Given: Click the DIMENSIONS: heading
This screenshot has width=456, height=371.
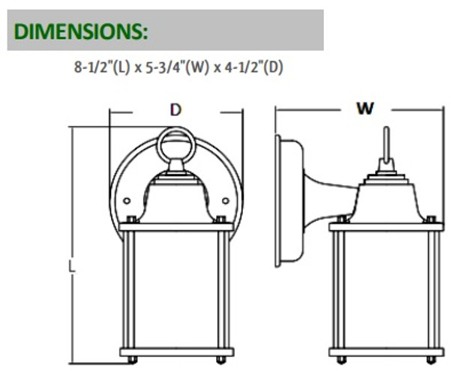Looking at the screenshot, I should click(x=81, y=31).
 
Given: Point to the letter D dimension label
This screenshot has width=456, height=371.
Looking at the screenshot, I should click(x=175, y=110).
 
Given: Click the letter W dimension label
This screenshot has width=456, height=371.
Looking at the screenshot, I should click(x=364, y=109).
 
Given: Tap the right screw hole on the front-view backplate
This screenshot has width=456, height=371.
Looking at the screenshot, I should click(x=225, y=200).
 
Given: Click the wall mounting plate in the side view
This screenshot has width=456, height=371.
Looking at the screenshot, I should click(x=286, y=200).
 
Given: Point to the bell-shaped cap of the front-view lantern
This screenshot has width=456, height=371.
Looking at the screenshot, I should click(x=175, y=196).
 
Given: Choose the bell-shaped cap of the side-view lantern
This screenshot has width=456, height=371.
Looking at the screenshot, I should click(x=386, y=199).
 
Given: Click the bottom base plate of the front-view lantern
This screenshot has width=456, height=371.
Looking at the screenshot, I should click(x=175, y=351).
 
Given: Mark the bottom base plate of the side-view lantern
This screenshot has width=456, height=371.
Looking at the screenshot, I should click(x=386, y=351).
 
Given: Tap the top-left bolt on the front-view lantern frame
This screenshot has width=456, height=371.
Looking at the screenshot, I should click(x=132, y=220).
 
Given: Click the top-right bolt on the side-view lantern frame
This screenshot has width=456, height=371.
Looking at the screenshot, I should click(x=430, y=219).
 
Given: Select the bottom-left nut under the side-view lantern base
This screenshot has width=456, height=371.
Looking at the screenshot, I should click(x=342, y=360).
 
